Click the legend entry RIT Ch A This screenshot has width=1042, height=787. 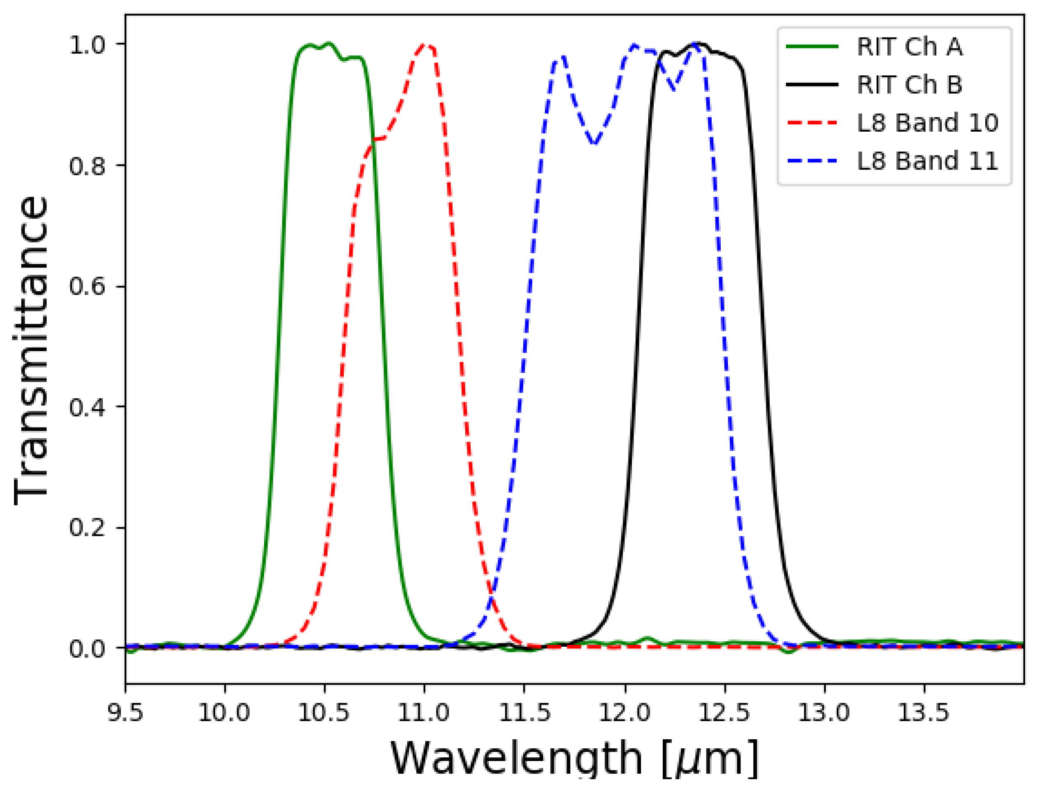tap(909, 46)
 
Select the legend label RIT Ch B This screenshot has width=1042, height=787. tap(909, 85)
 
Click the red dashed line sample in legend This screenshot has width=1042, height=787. tap(812, 123)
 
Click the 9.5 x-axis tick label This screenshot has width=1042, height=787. tap(125, 713)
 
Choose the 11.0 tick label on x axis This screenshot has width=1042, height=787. tap(424, 713)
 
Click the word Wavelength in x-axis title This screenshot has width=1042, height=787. tap(516, 758)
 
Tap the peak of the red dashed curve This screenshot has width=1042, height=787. tap(425, 45)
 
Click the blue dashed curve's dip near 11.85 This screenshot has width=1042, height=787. tap(595, 143)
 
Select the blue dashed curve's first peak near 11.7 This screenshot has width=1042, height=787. tap(562, 57)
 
